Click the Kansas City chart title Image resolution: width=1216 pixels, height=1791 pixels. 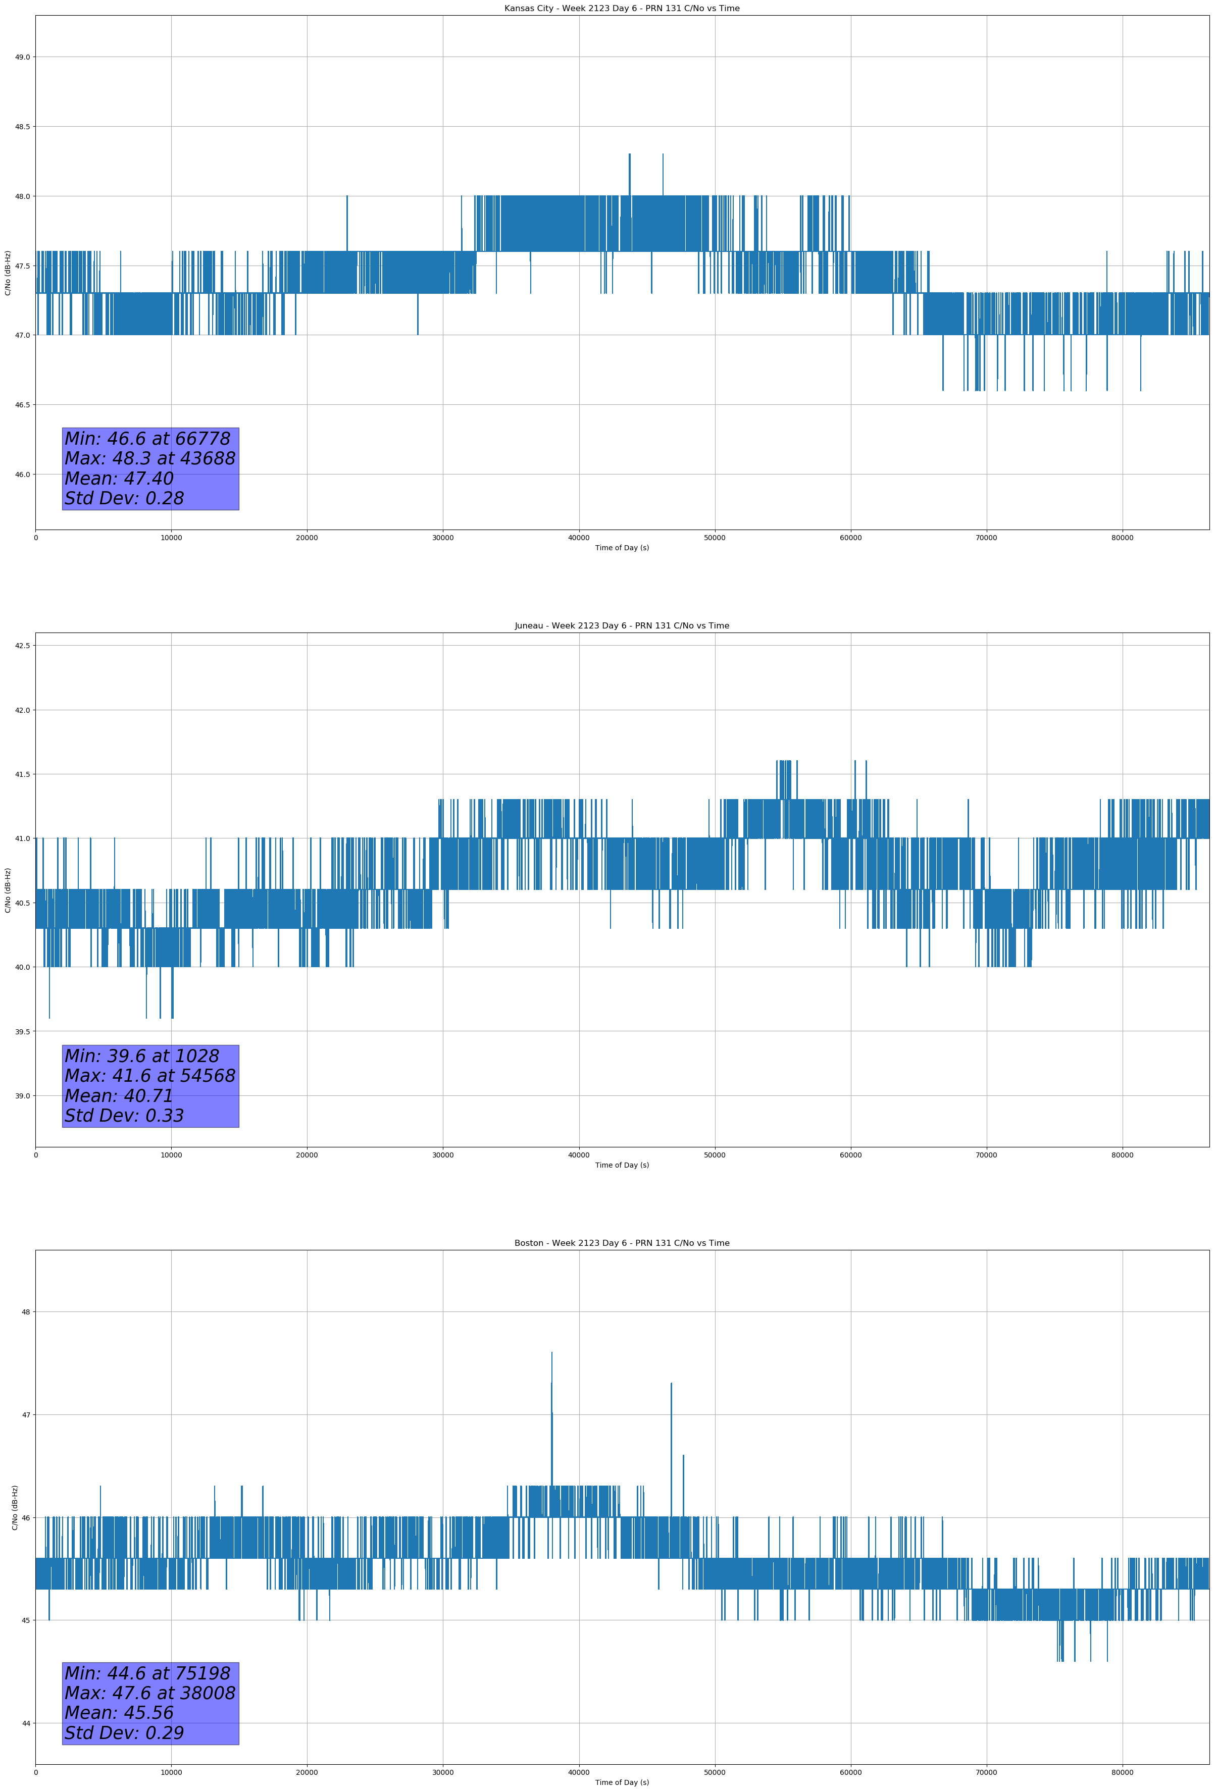click(x=622, y=9)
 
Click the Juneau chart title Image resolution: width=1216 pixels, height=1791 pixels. click(x=622, y=626)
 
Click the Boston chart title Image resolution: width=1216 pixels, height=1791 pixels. click(x=622, y=1243)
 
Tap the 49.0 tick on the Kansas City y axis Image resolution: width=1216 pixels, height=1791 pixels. click(x=22, y=57)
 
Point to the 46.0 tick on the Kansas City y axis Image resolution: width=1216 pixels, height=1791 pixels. click(x=22, y=475)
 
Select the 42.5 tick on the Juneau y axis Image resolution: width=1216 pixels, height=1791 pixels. click(x=22, y=646)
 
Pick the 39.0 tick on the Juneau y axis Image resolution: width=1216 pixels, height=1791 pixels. click(x=22, y=1096)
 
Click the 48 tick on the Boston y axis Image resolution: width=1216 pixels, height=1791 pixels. click(x=25, y=1311)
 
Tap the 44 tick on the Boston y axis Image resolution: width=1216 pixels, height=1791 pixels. click(x=25, y=1723)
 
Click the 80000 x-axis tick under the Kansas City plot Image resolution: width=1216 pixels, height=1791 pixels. click(x=1122, y=538)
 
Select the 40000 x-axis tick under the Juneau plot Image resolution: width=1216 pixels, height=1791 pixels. click(x=578, y=1155)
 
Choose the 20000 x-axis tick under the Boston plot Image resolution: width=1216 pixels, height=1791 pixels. click(x=307, y=1772)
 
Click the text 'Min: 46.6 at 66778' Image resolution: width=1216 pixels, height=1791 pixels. click(x=147, y=439)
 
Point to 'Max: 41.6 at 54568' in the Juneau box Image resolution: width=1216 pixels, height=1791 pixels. click(x=149, y=1076)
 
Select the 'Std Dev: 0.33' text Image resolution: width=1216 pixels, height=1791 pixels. click(x=124, y=1116)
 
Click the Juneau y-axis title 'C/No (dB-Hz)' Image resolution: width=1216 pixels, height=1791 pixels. click(x=8, y=890)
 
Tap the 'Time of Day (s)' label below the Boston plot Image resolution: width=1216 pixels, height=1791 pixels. click(x=622, y=1782)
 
